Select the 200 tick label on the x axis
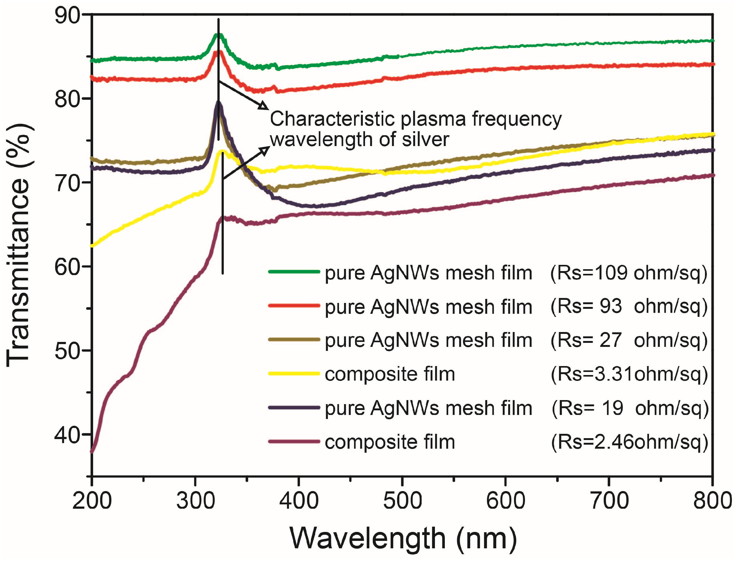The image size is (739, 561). tap(92, 501)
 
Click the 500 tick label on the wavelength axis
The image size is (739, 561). tap(402, 501)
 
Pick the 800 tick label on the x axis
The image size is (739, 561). tap(712, 501)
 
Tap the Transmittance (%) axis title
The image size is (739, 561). tap(19, 246)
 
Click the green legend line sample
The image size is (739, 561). tap(294, 272)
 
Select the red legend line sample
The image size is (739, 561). tap(294, 305)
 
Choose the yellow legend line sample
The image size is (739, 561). tap(294, 373)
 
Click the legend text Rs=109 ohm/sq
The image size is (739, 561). tap(629, 273)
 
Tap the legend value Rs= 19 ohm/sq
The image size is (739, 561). tap(630, 408)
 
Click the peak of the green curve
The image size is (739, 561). tap(218, 34)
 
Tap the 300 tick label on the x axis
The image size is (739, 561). tap(195, 501)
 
